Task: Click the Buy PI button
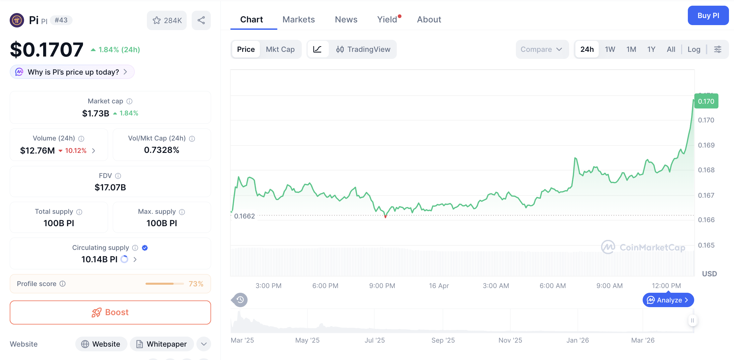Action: [x=708, y=15]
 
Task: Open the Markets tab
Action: [x=298, y=19]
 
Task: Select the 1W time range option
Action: [x=610, y=50]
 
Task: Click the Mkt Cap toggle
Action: [x=280, y=50]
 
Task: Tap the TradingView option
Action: [x=363, y=50]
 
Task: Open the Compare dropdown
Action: [x=541, y=50]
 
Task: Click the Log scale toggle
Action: [x=694, y=50]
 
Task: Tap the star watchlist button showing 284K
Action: [x=167, y=20]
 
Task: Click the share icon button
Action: [x=201, y=20]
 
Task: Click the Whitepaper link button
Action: [x=162, y=344]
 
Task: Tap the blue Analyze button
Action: [x=668, y=300]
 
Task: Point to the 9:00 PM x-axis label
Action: [x=382, y=286]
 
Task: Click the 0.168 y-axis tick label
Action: [x=706, y=170]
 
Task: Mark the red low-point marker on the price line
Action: [x=385, y=217]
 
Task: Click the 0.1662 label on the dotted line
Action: [x=245, y=216]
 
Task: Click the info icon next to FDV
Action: [x=118, y=176]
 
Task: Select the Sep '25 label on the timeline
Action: [x=443, y=340]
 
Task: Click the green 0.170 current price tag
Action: [x=706, y=101]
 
